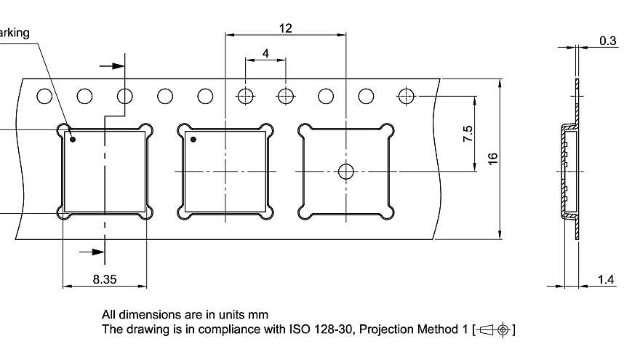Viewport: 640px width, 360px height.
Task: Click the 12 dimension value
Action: (285, 28)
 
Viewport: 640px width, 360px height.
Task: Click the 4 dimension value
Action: (265, 54)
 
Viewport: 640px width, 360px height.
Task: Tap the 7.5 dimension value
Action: (468, 134)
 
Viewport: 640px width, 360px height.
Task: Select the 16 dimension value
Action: (493, 159)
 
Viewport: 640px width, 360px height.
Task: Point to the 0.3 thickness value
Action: (608, 41)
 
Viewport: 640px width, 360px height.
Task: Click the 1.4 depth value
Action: (606, 279)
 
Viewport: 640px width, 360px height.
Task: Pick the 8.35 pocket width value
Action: (105, 279)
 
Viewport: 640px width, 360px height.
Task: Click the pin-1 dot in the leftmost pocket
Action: (73, 140)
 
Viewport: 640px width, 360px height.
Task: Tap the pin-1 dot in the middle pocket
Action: (193, 140)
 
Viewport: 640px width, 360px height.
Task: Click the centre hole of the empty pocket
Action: (346, 172)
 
